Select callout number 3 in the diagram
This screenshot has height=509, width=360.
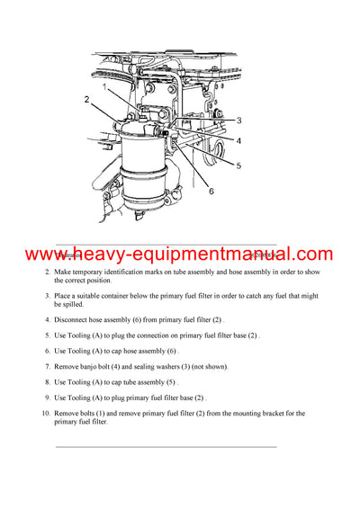tap(239, 120)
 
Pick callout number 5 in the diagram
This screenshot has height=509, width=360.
tap(238, 165)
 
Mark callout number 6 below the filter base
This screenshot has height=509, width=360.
tap(211, 191)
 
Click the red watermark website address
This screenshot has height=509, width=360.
tap(179, 254)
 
